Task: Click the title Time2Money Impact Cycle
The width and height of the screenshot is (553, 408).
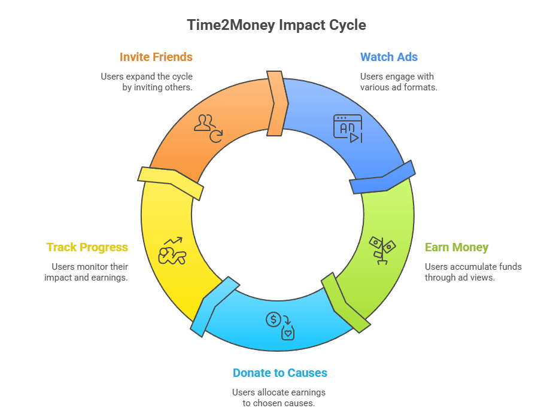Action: pos(276,25)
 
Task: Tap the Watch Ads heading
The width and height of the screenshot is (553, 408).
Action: pos(388,57)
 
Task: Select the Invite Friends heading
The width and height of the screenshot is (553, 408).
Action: pos(156,57)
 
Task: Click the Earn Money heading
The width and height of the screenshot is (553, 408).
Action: pos(457,248)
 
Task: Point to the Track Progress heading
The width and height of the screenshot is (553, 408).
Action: pos(87,248)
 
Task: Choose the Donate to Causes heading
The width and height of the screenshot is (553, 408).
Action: pos(280,373)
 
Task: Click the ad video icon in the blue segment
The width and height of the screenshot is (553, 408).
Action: pos(348,129)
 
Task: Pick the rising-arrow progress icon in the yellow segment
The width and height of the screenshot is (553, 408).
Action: pos(172,251)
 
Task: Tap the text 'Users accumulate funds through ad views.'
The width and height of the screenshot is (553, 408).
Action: pos(473,272)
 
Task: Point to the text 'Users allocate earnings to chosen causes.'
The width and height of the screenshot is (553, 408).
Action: pos(279,397)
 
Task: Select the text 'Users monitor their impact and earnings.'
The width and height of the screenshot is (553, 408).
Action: pos(87,272)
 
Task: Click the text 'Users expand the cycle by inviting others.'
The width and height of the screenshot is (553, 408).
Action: pos(147,82)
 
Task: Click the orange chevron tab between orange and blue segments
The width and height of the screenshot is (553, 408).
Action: pos(276,103)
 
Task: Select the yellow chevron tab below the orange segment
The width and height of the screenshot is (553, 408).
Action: pos(171,181)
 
